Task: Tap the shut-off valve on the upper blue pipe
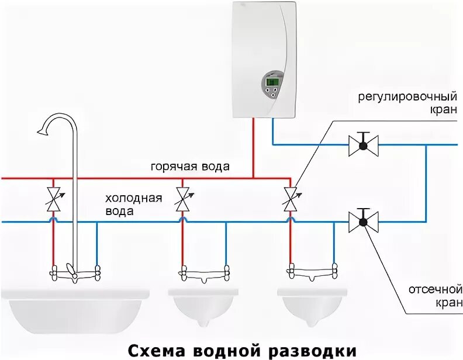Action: click(x=363, y=144)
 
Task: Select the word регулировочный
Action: click(x=407, y=96)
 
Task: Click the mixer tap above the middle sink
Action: click(x=204, y=272)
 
